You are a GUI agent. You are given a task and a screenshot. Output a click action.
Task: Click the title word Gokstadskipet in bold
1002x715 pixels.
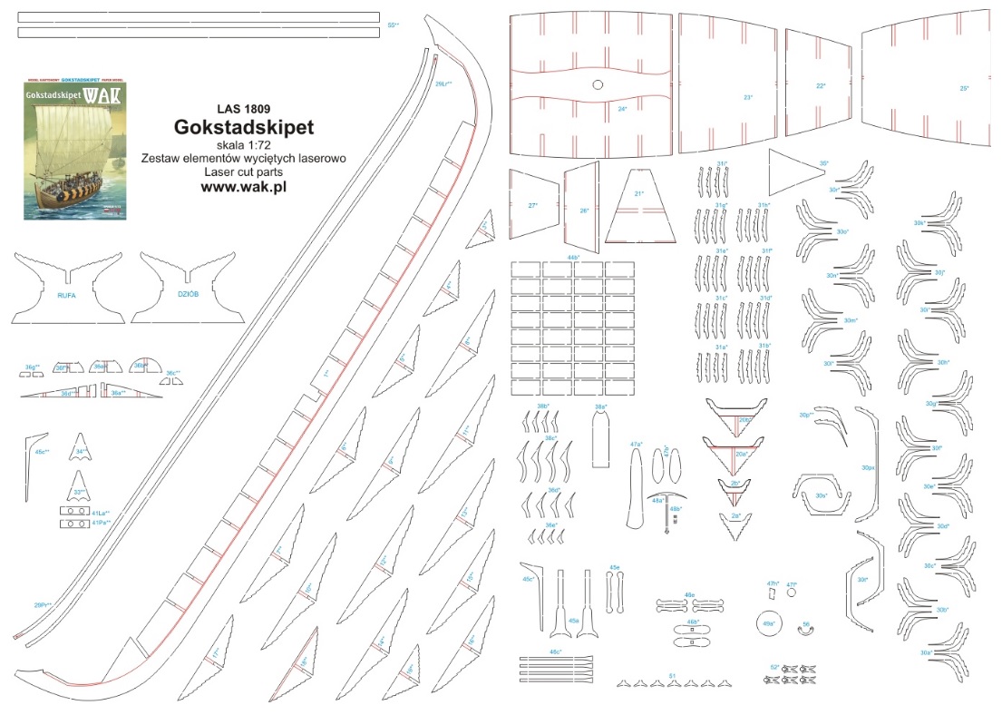click(243, 126)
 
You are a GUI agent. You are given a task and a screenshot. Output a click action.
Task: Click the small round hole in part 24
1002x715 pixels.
click(598, 86)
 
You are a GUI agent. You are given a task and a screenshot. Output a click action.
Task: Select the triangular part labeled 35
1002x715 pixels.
click(798, 168)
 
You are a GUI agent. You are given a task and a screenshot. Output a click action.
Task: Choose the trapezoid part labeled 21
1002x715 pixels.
click(640, 209)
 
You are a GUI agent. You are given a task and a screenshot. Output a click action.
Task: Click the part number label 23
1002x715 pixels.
click(747, 97)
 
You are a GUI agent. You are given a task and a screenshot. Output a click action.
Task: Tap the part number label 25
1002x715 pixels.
click(964, 89)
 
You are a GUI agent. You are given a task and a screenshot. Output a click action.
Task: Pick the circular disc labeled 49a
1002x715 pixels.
click(769, 623)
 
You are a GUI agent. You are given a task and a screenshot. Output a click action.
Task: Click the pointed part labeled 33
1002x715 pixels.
click(81, 485)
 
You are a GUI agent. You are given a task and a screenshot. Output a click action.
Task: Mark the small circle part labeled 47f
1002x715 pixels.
click(792, 592)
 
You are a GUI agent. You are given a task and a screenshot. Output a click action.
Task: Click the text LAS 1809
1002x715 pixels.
click(243, 110)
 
